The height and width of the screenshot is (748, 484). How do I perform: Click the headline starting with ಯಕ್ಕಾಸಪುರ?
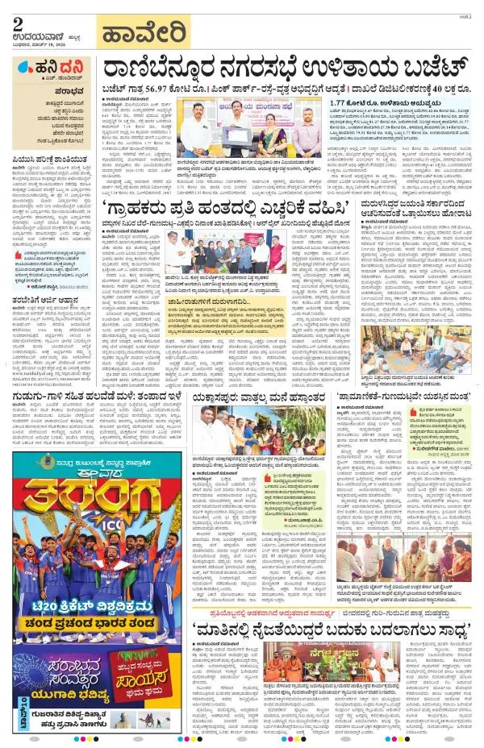point(264,397)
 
